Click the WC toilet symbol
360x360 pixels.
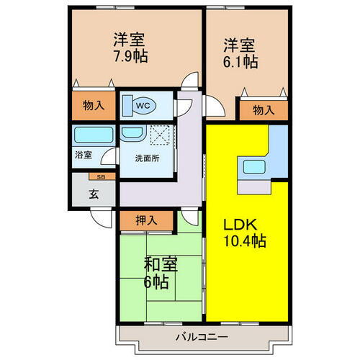click(x=142, y=105)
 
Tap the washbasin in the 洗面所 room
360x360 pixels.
click(x=131, y=133)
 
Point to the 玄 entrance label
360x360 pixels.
click(x=94, y=193)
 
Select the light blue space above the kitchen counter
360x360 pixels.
click(x=279, y=140)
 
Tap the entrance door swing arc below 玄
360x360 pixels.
click(x=101, y=218)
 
